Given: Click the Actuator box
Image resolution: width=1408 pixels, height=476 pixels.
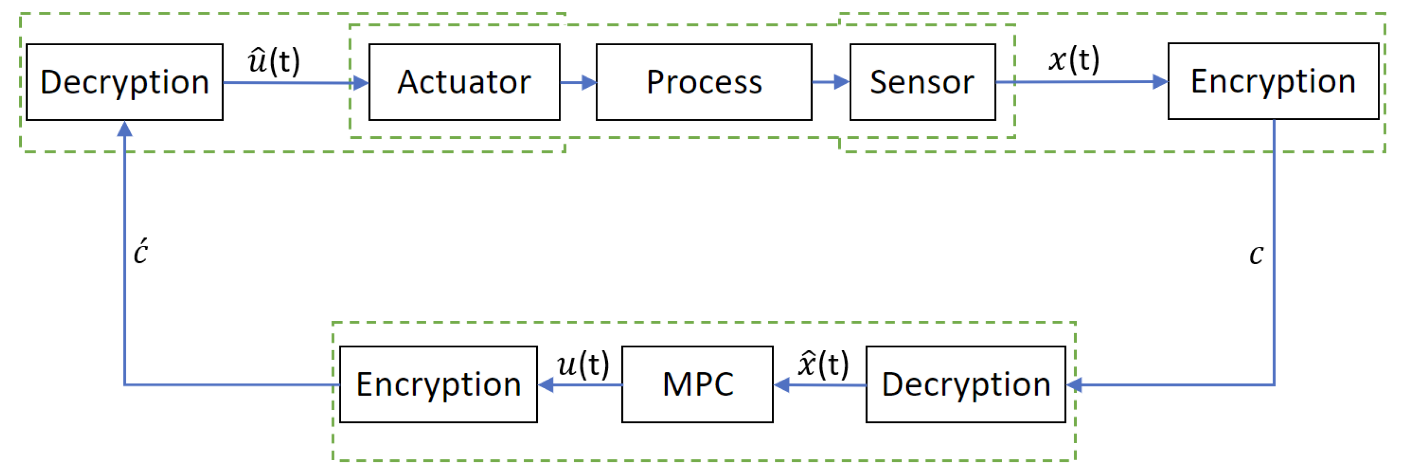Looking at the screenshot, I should pos(464,82).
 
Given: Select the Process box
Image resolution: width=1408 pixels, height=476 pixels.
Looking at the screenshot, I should pos(704,82).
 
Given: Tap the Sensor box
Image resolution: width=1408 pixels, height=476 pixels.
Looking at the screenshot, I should pos(922,82).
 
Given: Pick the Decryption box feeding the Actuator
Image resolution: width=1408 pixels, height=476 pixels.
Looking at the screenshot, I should pos(125,82).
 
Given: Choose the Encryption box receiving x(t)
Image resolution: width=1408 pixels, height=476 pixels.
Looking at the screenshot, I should pos(1273,81).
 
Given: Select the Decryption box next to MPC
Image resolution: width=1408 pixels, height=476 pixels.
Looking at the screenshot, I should pos(965,384).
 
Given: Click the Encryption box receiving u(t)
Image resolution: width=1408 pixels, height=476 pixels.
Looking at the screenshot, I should pos(438,384).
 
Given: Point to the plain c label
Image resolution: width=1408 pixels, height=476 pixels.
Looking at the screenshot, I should pos(1256,254).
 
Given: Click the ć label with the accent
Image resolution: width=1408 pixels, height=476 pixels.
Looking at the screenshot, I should pos(141,252).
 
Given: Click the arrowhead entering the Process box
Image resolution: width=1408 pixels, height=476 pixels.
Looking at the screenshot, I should pos(589,83).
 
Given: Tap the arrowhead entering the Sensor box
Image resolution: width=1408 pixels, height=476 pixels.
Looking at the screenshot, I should pos(842,83).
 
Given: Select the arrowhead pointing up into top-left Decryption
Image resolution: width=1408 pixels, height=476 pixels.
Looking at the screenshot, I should pos(125,129).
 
